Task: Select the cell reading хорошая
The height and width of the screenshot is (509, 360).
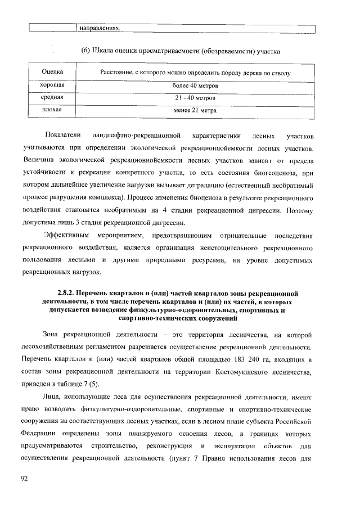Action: pos(52,85)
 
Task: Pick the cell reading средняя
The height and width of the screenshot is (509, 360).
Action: pos(52,98)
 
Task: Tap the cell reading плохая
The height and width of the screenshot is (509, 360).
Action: pos(52,110)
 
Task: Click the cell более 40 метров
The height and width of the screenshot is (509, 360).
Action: pos(195,85)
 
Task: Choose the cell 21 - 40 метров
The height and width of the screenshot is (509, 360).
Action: pos(195,98)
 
